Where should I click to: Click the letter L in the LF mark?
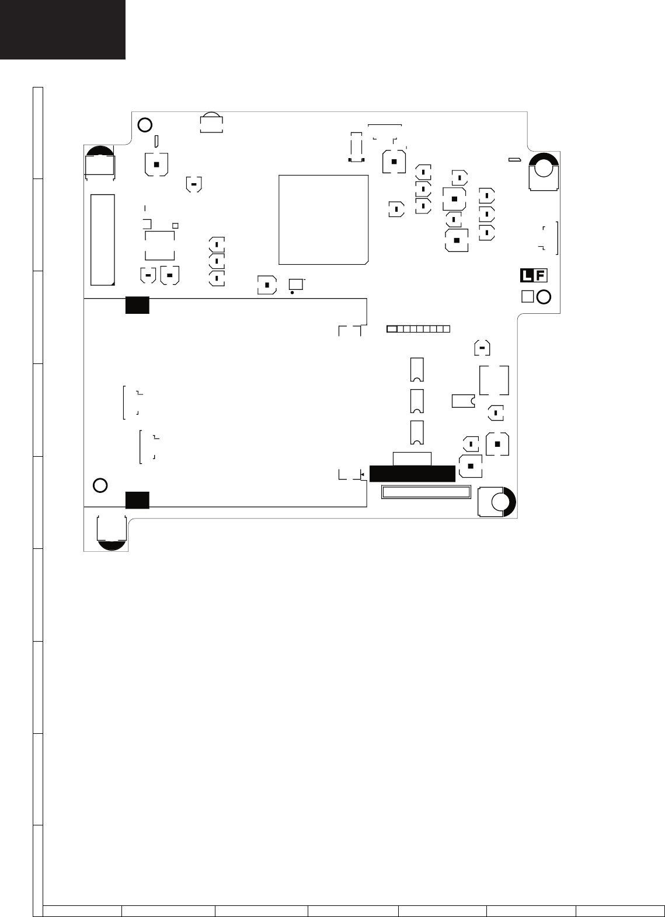pyautogui.click(x=527, y=276)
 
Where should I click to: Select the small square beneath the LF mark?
pyautogui.click(x=527, y=296)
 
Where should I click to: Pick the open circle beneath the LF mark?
pyautogui.click(x=543, y=296)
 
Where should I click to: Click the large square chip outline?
pyautogui.click(x=323, y=219)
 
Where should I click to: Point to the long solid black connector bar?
pyautogui.click(x=412, y=474)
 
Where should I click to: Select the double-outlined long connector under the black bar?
pyautogui.click(x=425, y=492)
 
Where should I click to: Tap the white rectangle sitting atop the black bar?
pyautogui.click(x=412, y=459)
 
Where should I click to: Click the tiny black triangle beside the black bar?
pyautogui.click(x=363, y=474)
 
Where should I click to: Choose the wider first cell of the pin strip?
pyautogui.click(x=392, y=329)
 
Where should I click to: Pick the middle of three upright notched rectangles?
pyautogui.click(x=416, y=400)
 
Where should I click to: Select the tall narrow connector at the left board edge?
pyautogui.click(x=103, y=239)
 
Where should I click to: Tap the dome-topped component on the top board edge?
pyautogui.click(x=211, y=123)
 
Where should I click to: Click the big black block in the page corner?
pyautogui.click(x=62, y=29)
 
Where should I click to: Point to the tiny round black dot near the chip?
pyautogui.click(x=292, y=292)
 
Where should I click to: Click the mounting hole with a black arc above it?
pyautogui.click(x=543, y=168)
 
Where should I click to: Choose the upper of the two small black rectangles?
pyautogui.click(x=137, y=305)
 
